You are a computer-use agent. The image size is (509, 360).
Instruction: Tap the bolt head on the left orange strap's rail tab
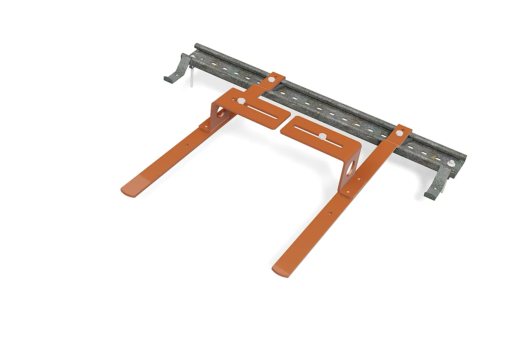tap(271, 80)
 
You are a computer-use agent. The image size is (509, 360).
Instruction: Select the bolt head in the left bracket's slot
tap(241, 101)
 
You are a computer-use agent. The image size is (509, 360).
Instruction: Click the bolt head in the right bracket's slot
tap(322, 136)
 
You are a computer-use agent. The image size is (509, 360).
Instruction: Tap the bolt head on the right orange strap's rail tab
tap(399, 134)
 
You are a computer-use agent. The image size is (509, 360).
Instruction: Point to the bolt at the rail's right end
tap(452, 163)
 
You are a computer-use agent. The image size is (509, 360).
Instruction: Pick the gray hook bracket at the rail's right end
tap(437, 183)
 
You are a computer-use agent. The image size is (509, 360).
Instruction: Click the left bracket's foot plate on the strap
tap(204, 128)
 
